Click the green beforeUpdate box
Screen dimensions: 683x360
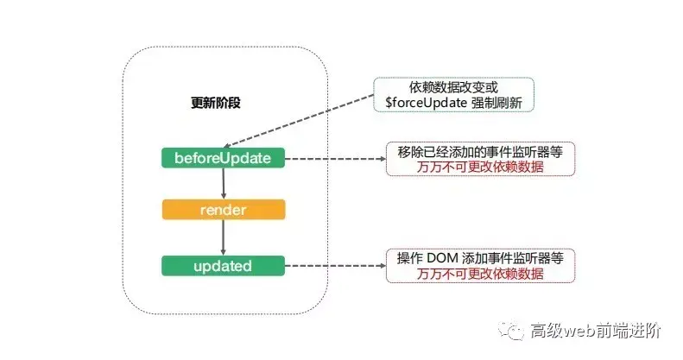point(223,158)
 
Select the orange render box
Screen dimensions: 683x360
point(223,210)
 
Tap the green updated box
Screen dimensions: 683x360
point(223,265)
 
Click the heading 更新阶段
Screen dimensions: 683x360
point(215,102)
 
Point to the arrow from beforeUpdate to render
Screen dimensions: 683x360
point(223,184)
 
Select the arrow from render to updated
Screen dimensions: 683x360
point(223,237)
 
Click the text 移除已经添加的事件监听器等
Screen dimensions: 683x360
point(480,152)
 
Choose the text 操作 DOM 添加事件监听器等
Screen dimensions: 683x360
point(480,258)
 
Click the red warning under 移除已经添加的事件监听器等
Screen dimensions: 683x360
point(480,167)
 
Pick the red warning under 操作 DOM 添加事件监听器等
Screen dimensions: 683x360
point(480,274)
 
